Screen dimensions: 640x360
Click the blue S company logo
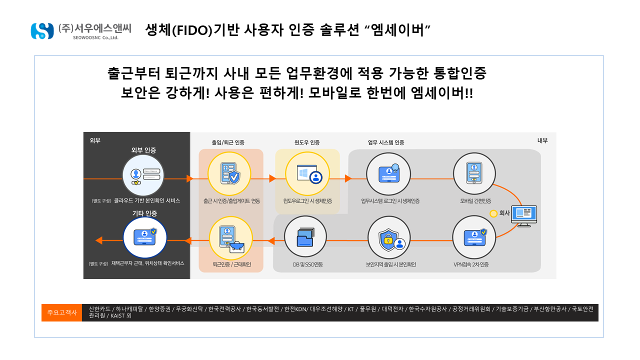pyautogui.click(x=42, y=31)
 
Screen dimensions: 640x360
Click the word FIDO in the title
pyautogui.click(x=194, y=31)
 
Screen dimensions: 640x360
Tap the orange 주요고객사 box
pyautogui.click(x=61, y=312)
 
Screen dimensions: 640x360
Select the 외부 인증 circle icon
pyautogui.click(x=143, y=175)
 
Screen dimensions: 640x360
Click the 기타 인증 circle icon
pyautogui.click(x=145, y=237)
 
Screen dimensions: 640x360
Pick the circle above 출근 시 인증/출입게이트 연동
pyautogui.click(x=229, y=173)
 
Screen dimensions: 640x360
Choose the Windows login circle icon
pyautogui.click(x=307, y=173)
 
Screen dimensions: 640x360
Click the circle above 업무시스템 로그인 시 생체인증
pyautogui.click(x=388, y=173)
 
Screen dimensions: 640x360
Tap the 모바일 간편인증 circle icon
pyautogui.click(x=474, y=173)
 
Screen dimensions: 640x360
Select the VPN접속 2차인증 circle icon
pyautogui.click(x=474, y=237)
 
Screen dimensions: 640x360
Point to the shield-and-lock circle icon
pyautogui.click(x=389, y=237)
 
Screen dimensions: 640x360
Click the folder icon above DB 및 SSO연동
pyautogui.click(x=305, y=237)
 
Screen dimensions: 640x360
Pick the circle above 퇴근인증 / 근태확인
pyautogui.click(x=231, y=238)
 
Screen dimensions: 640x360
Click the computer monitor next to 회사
pyautogui.click(x=524, y=216)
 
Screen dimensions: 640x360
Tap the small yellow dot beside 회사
pyautogui.click(x=493, y=213)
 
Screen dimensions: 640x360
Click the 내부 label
pyautogui.click(x=542, y=140)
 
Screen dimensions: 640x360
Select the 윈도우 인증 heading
pyautogui.click(x=307, y=142)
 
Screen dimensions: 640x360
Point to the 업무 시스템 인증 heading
pyautogui.click(x=386, y=142)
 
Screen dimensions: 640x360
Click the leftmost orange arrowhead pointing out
pyautogui.click(x=99, y=240)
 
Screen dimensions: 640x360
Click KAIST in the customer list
pyautogui.click(x=117, y=315)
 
